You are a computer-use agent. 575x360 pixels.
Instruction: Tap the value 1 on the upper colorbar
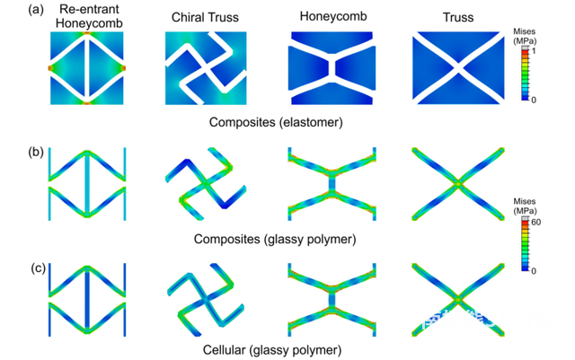pyautogui.click(x=535, y=51)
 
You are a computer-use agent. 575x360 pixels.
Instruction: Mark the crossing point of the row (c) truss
pyautogui.click(x=459, y=301)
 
